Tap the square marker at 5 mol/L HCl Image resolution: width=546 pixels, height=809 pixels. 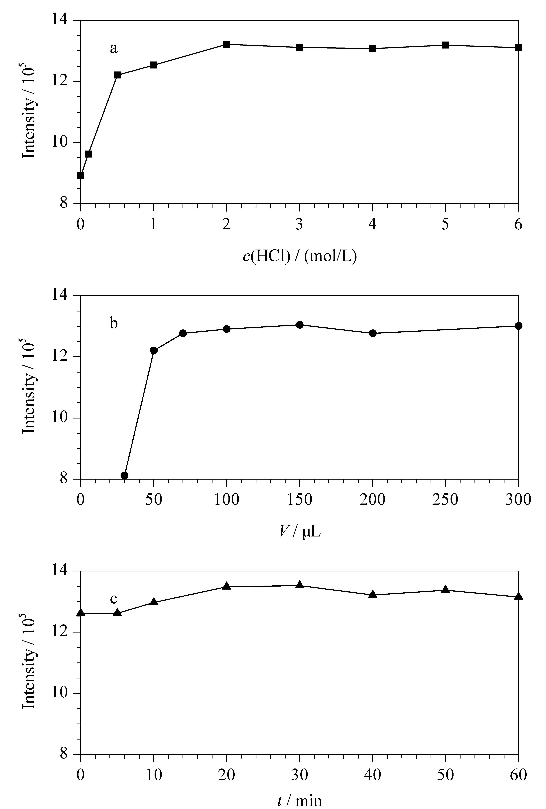tap(445, 45)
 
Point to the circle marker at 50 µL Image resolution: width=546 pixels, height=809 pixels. tap(154, 350)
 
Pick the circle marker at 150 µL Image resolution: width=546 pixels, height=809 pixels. tap(299, 325)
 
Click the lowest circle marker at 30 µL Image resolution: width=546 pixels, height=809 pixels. tap(124, 476)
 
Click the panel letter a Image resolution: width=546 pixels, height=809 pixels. tap(113, 48)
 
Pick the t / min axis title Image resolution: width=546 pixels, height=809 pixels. tap(300, 801)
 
